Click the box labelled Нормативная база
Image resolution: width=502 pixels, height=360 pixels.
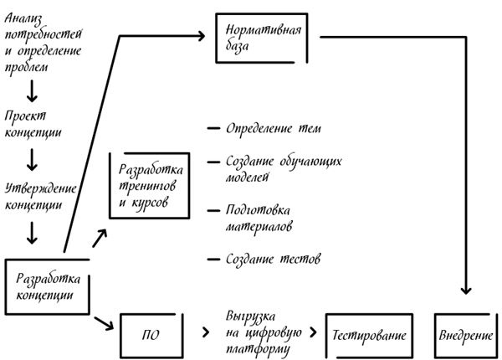[262, 38]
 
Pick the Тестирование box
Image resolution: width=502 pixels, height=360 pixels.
[369, 335]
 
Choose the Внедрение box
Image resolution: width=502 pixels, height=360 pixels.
[464, 335]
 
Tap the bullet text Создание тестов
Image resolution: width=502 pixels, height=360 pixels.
[273, 260]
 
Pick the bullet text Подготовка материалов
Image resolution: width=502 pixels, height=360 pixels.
[259, 218]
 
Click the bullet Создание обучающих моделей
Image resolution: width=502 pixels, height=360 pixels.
[273, 168]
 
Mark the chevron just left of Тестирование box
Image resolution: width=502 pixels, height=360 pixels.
[313, 333]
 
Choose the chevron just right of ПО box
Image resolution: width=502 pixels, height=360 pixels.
[204, 333]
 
